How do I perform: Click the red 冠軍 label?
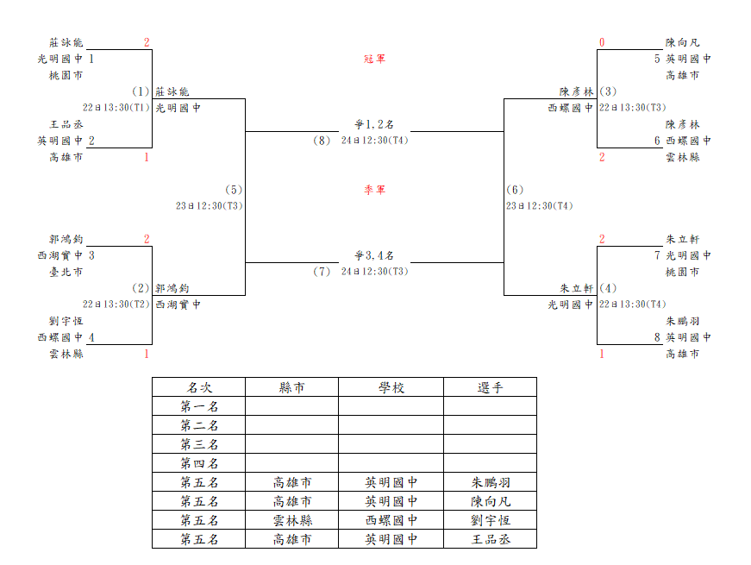coord(374,59)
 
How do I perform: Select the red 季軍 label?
coord(374,190)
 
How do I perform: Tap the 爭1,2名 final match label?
coord(374,124)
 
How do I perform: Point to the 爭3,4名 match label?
coord(374,255)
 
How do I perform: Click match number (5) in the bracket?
coord(234,190)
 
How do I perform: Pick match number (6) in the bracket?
coord(515,190)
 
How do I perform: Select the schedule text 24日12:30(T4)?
coord(374,141)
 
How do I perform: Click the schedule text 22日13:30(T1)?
coord(116,108)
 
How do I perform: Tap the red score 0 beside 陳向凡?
coord(602,42)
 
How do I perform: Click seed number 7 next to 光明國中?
coord(658,255)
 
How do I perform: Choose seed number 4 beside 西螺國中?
coord(91,337)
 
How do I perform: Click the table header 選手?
coord(490,387)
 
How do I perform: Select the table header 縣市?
coord(291,387)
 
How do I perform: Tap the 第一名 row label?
coord(199,406)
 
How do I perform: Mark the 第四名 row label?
coord(199,463)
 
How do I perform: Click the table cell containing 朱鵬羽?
coord(490,482)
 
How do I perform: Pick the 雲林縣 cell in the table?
coord(291,520)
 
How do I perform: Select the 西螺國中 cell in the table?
coord(391,520)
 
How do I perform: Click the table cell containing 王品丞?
coord(490,539)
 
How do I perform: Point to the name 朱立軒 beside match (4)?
coord(577,288)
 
